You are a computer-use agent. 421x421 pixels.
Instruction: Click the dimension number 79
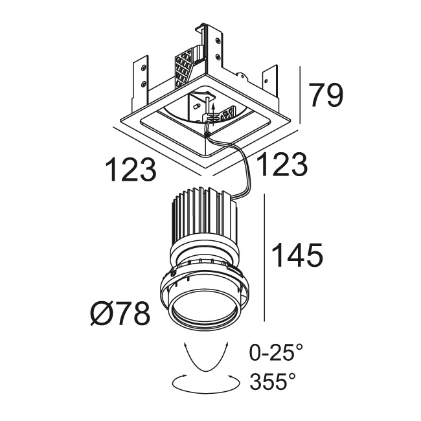click(x=326, y=95)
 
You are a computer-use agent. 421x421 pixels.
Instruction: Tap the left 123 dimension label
click(x=130, y=170)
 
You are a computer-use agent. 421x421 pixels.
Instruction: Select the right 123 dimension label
click(x=282, y=165)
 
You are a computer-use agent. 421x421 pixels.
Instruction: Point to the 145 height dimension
click(x=297, y=255)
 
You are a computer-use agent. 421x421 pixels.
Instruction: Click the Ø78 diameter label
click(x=120, y=313)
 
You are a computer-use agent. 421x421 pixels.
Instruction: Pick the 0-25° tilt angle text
click(x=277, y=353)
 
